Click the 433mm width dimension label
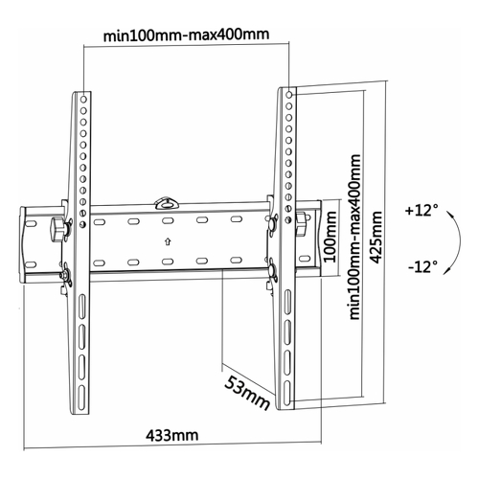coord(171,435)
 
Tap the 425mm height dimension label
coord(376,238)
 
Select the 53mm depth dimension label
coord(247,393)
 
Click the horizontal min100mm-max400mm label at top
coord(186,34)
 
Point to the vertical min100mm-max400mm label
coord(354,237)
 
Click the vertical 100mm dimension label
coord(331,237)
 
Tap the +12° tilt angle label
coord(422,211)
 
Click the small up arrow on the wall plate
coord(168,241)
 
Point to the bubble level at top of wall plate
coord(167,203)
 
